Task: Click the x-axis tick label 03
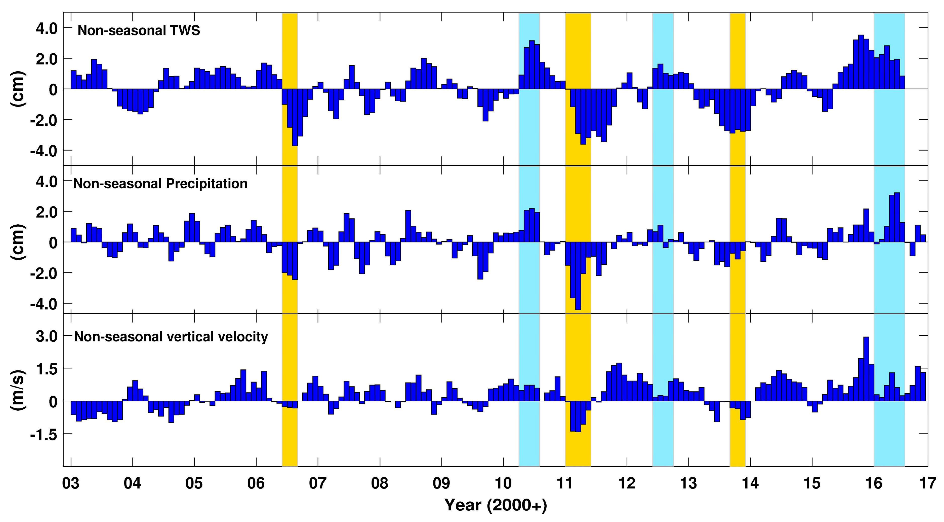pyautogui.click(x=71, y=483)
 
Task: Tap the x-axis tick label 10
pyautogui.click(x=503, y=483)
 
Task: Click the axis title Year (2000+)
pyautogui.click(x=496, y=505)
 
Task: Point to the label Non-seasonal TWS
pyautogui.click(x=139, y=30)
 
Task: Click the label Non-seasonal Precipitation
pyautogui.click(x=160, y=183)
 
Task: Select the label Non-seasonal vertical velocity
pyautogui.click(x=171, y=337)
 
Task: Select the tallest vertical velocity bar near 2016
pyautogui.click(x=866, y=369)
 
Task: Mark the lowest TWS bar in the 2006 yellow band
pyautogui.click(x=295, y=117)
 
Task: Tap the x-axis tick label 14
pyautogui.click(x=750, y=483)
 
